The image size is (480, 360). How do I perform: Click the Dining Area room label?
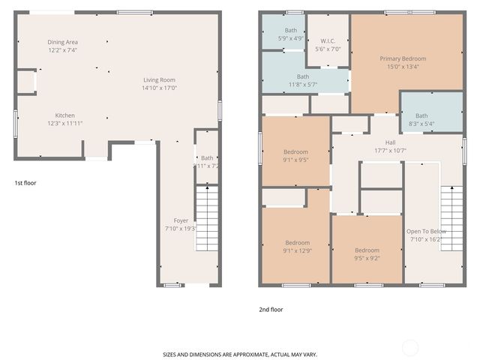[x=62, y=42]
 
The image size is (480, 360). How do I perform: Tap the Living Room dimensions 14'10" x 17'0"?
[x=160, y=88]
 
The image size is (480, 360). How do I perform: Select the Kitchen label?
[x=64, y=115]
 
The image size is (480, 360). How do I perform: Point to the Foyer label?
[x=181, y=220]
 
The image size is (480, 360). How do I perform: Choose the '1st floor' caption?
[x=25, y=182]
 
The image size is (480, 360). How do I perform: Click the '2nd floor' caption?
[x=271, y=309]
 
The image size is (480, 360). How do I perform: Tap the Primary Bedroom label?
[x=403, y=58]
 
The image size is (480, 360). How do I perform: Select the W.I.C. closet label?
[x=328, y=40]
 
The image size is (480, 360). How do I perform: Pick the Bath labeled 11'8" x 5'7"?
[x=302, y=76]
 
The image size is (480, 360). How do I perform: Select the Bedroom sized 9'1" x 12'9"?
[x=297, y=242]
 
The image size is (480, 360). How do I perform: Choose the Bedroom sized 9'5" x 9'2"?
[x=367, y=250]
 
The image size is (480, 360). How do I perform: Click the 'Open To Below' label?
[x=426, y=231]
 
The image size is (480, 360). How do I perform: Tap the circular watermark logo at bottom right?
[x=410, y=347]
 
